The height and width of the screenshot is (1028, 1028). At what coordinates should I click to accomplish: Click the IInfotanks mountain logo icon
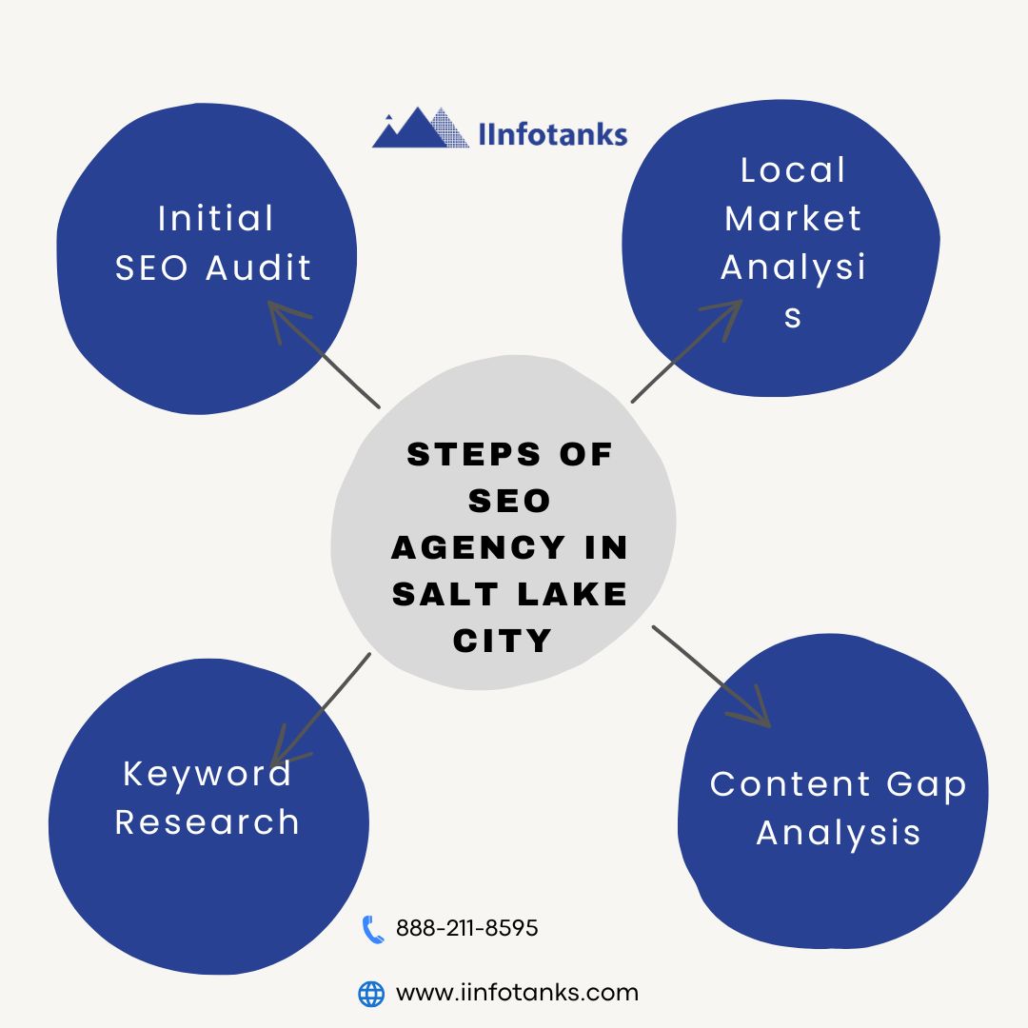(x=420, y=128)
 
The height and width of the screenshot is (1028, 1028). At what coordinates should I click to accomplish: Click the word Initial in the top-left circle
(x=215, y=219)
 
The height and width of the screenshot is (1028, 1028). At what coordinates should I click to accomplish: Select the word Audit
(x=259, y=268)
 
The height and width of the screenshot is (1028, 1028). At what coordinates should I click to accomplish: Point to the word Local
(x=793, y=170)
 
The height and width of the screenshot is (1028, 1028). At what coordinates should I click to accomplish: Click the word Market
(x=793, y=219)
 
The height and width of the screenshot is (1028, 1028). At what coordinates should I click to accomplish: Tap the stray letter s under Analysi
(x=793, y=317)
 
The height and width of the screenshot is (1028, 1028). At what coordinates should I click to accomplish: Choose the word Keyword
(x=207, y=773)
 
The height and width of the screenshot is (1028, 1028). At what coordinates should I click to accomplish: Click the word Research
(x=207, y=822)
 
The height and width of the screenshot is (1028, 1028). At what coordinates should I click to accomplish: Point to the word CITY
(x=503, y=641)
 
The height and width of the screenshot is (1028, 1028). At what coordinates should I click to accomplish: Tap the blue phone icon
(x=372, y=929)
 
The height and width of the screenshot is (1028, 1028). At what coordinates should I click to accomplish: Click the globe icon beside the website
(x=371, y=994)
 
